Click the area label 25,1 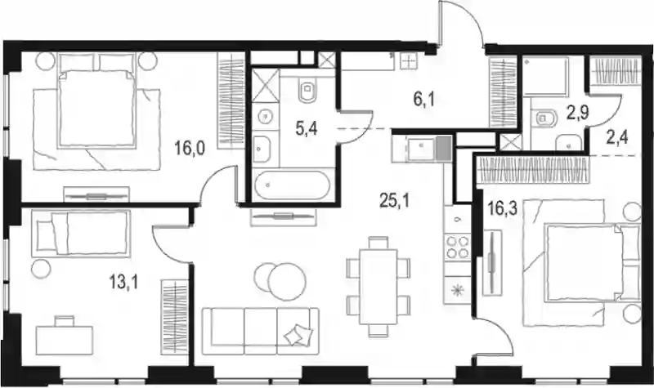point(395,201)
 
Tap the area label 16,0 point(190,149)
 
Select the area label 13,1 point(123,283)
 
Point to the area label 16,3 point(503,208)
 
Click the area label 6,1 point(424,100)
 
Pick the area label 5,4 point(307,129)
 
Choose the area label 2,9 point(578,113)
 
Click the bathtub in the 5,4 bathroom point(292,185)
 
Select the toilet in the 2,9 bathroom point(545,118)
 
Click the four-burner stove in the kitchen point(458,247)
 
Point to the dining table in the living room point(379,287)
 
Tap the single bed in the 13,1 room point(81,233)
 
